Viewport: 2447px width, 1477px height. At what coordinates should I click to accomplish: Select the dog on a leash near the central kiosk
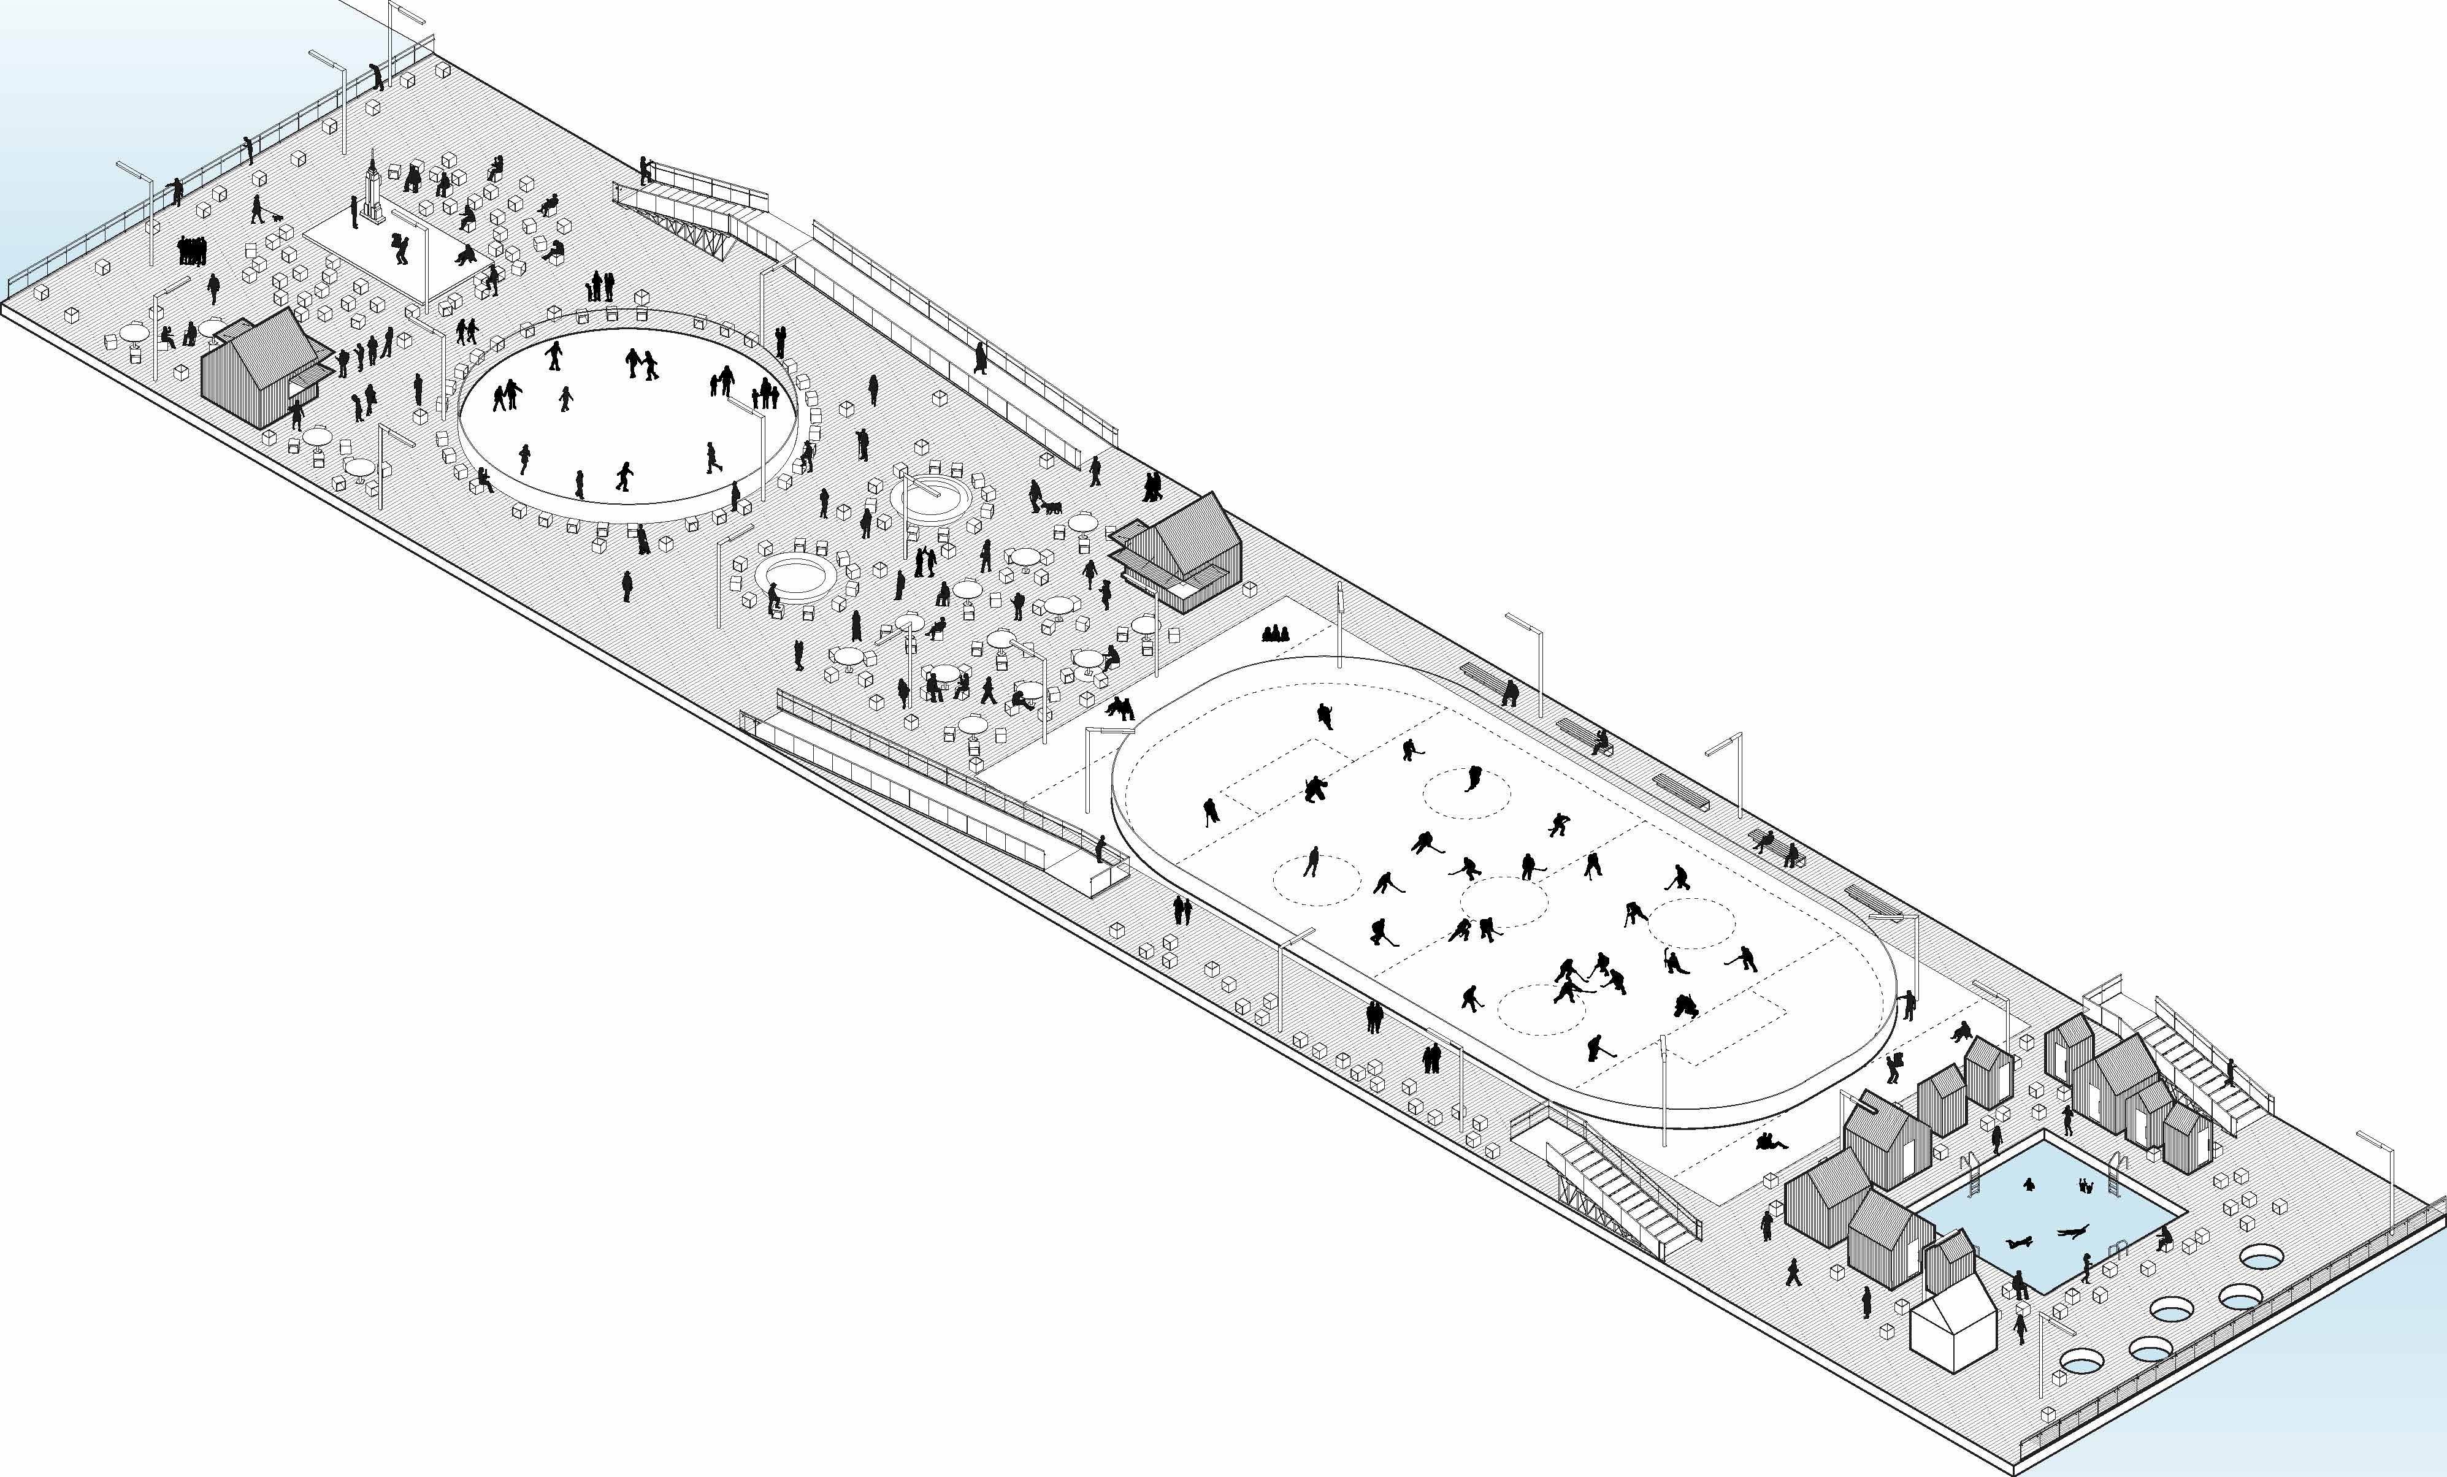[1051, 507]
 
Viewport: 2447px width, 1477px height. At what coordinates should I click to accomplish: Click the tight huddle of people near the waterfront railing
[192, 251]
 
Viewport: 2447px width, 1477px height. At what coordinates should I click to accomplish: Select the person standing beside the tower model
[353, 212]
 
